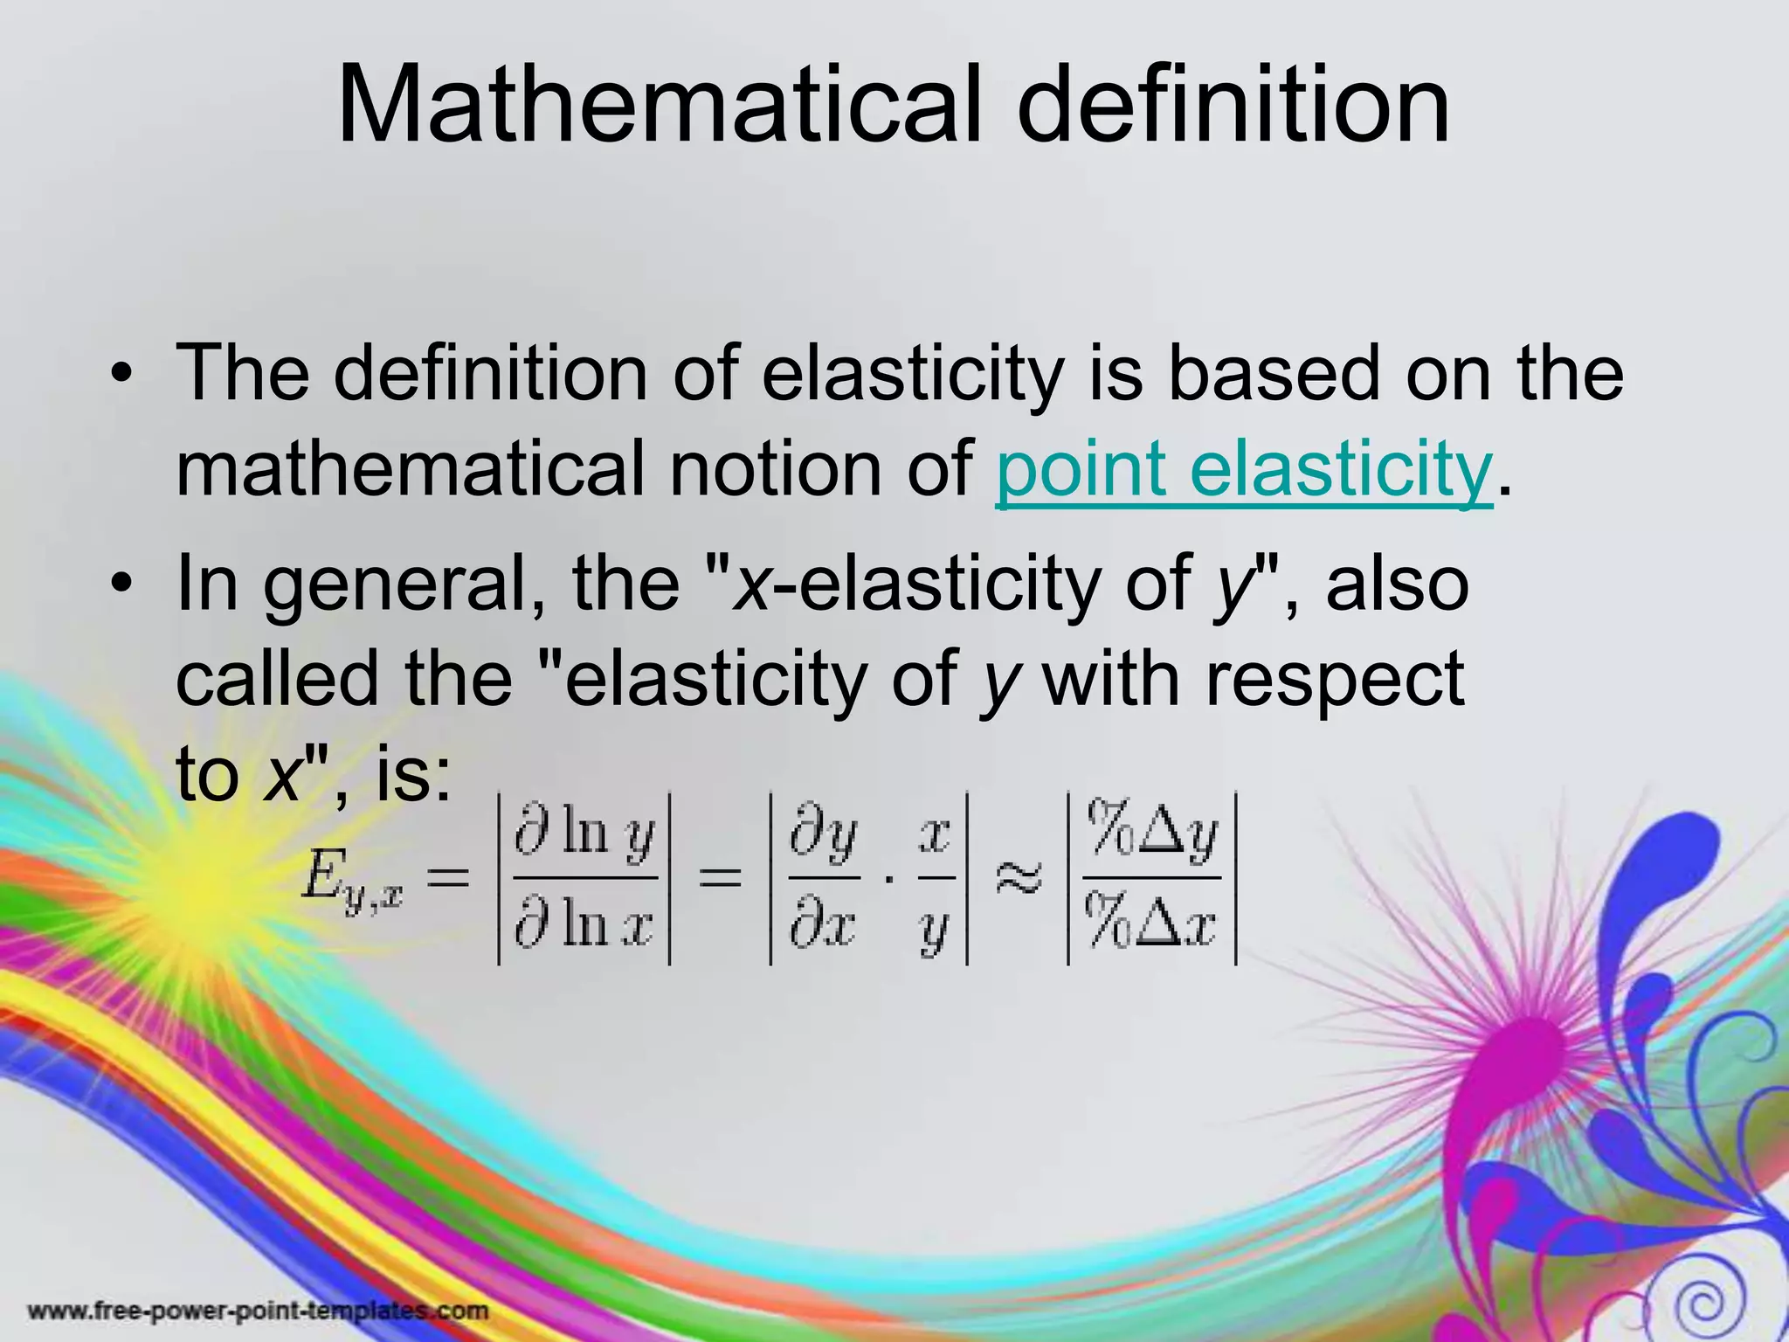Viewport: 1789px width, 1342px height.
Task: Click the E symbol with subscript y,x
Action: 349,876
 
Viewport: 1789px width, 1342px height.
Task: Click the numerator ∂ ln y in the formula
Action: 584,833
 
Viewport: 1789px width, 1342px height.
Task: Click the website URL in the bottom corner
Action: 259,1311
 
